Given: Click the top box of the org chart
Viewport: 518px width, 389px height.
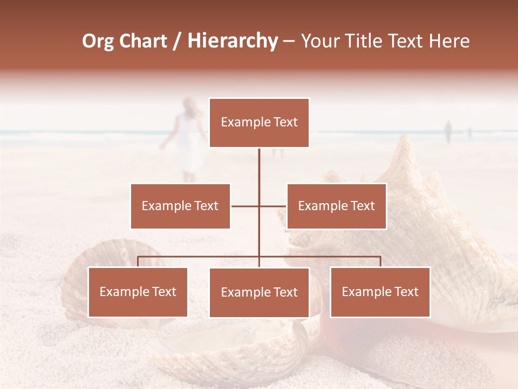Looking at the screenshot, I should pyautogui.click(x=259, y=123).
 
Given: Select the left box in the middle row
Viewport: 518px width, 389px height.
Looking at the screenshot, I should pyautogui.click(x=180, y=206).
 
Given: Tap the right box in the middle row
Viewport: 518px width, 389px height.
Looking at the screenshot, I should pyautogui.click(x=336, y=206).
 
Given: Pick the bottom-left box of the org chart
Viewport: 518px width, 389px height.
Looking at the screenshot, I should pyautogui.click(x=138, y=292).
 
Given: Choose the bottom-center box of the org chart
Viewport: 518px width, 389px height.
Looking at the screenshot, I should pyautogui.click(x=259, y=292).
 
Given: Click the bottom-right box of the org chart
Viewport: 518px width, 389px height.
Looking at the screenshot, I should pyautogui.click(x=380, y=292).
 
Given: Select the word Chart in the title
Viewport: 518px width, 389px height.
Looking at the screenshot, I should pyautogui.click(x=144, y=41).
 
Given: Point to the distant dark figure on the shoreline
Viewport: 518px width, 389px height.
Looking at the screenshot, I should pyautogui.click(x=448, y=131).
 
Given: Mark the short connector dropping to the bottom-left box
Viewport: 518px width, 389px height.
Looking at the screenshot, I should pyautogui.click(x=138, y=261).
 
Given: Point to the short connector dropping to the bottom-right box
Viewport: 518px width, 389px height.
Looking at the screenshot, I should pyautogui.click(x=380, y=261).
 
